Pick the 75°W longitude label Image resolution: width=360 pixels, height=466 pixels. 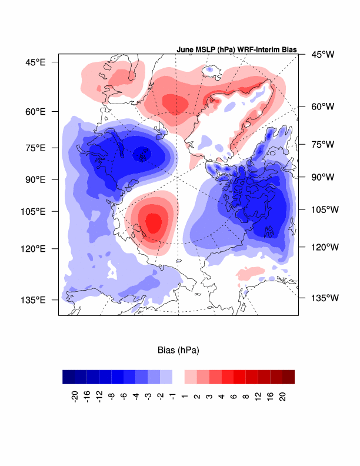pos(322,144)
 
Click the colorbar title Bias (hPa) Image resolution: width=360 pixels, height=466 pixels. pos(179,350)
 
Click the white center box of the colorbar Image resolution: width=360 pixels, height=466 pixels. pos(178,377)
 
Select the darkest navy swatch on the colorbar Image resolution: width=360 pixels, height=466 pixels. pos(68,377)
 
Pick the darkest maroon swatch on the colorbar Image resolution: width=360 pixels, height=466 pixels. pos(288,377)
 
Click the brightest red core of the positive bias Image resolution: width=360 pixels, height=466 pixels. pos(154,222)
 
